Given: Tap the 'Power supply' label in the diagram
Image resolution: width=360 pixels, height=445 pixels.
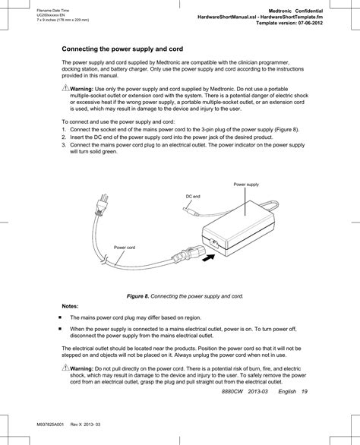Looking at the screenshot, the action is tap(246, 185).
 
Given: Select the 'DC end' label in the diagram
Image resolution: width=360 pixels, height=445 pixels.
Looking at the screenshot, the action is tap(194, 196).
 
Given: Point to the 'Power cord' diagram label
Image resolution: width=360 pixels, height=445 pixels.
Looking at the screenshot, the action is tap(125, 248).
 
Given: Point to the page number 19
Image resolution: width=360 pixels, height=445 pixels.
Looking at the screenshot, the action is tap(303, 392).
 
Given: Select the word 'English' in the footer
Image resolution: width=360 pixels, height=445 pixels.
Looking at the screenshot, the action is tap(286, 392).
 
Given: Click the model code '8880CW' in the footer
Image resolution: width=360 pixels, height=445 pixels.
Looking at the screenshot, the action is tap(235, 392).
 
